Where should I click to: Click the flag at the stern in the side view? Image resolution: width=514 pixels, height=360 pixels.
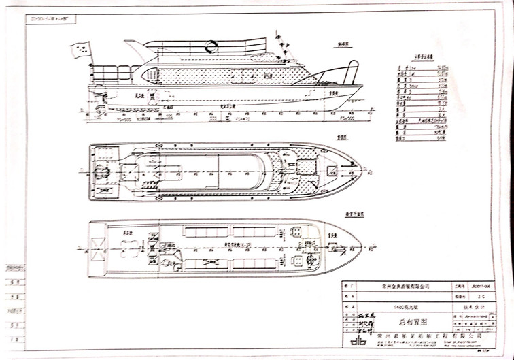(80, 49)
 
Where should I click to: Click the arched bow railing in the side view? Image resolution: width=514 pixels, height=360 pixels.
(352, 71)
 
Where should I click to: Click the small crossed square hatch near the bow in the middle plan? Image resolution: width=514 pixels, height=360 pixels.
(332, 167)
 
